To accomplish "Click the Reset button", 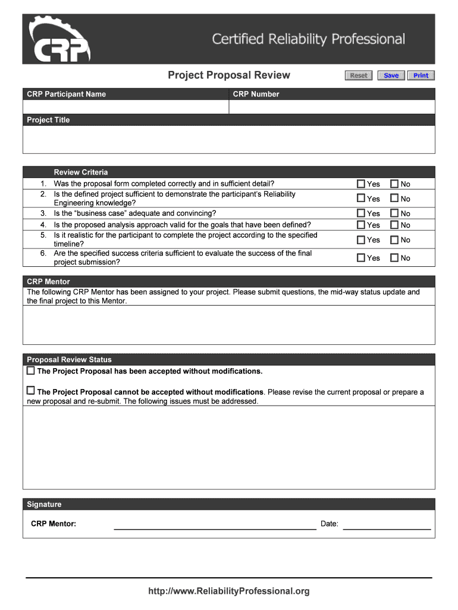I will click(359, 75).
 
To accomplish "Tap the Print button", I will click(421, 75).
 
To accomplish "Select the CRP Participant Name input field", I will click(126, 107).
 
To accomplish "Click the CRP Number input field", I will click(332, 107).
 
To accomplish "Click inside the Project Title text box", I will click(228, 139).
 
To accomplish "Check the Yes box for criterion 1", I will click(361, 184).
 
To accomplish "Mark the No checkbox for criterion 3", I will click(394, 213).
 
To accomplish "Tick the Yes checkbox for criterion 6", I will click(361, 258).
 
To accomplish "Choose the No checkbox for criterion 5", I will click(394, 240).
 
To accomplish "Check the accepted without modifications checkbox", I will click(31, 371).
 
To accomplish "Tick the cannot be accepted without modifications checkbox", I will click(31, 391).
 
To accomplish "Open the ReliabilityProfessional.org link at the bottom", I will click(229, 591).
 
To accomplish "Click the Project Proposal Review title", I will click(229, 75).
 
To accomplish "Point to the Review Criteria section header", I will click(81, 172).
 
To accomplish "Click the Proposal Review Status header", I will click(69, 360).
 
